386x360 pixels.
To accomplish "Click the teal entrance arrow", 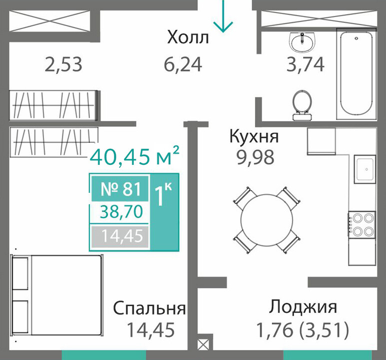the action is (223, 16).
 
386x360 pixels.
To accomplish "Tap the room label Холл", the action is (188, 37).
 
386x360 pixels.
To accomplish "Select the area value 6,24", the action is (183, 64).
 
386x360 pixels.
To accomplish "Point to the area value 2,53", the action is (63, 64).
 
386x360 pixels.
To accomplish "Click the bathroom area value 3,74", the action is (305, 64).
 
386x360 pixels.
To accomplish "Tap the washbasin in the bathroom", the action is (302, 42).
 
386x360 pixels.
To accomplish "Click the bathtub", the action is (356, 74).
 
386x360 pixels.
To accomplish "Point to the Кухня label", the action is (254, 136).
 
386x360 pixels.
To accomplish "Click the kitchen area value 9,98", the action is (255, 157).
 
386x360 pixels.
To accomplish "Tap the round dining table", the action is (267, 220).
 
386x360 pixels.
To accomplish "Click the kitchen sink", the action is (365, 169).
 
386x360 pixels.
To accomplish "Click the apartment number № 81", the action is (121, 189).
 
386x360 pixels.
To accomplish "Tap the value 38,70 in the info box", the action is (121, 212).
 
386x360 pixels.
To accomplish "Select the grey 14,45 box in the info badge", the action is (120, 236).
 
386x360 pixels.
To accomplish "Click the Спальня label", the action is (149, 308).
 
